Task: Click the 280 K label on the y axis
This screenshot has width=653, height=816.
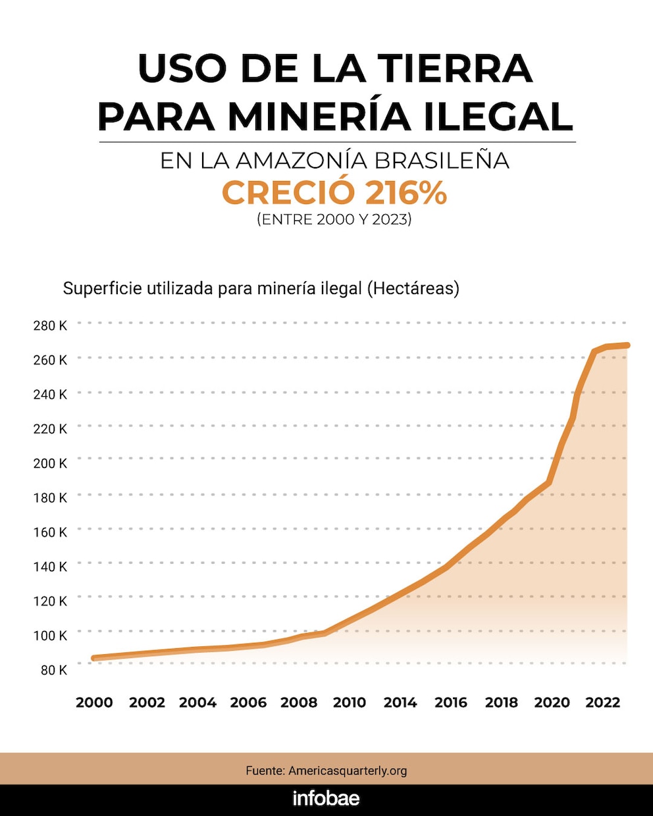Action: point(50,325)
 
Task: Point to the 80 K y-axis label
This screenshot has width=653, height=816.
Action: point(50,670)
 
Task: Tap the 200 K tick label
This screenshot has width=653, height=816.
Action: point(50,463)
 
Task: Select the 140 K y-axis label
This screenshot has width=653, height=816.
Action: point(50,567)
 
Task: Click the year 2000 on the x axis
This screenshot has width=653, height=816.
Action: point(94,703)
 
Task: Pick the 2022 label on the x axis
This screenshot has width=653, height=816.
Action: point(603,703)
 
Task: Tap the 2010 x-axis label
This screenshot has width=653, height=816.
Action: point(349,703)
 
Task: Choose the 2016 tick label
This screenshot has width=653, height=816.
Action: point(451,703)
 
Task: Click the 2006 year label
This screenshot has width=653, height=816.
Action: point(248,703)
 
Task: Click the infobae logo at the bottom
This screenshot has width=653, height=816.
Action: point(326,799)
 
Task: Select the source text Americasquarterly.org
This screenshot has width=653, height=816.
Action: point(348,771)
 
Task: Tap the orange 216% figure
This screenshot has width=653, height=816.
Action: point(405,193)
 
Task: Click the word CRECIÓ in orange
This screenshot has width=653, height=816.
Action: point(288,193)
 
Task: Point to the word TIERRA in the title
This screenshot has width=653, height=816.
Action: point(455,68)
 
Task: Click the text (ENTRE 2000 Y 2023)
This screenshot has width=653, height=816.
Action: point(334,219)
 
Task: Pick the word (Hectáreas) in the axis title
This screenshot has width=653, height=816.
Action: point(413,288)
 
